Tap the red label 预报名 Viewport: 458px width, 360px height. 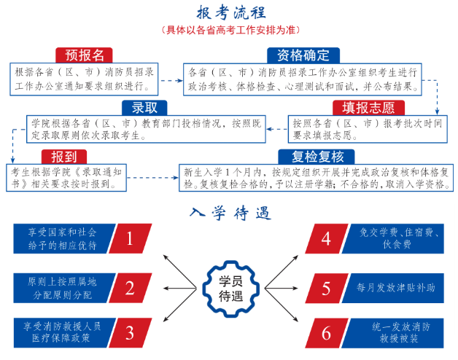tap(85, 55)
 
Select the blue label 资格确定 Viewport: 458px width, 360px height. tap(303, 55)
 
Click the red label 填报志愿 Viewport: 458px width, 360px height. tap(369, 108)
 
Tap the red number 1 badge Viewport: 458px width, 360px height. tap(130, 239)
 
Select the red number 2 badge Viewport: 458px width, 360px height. tap(130, 287)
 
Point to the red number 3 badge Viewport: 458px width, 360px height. tap(130, 333)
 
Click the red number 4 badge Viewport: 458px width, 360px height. tap(326, 239)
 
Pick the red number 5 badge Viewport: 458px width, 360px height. tap(326, 287)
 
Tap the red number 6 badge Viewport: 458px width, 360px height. tap(326, 333)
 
